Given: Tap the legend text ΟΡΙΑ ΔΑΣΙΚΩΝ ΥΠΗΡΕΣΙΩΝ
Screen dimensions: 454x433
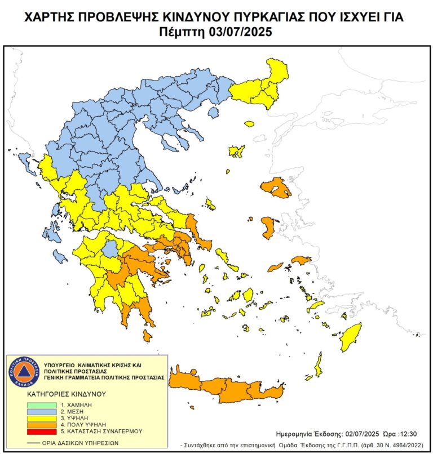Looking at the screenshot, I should pyautogui.click(x=80, y=443).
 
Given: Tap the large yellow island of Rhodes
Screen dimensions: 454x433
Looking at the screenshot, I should pyautogui.click(x=351, y=336).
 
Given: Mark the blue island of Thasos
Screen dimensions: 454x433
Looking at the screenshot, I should pyautogui.click(x=213, y=113).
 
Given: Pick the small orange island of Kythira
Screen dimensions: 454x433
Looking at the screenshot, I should pyautogui.click(x=147, y=336).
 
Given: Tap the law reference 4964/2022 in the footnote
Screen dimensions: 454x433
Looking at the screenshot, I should pyautogui.click(x=396, y=444).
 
